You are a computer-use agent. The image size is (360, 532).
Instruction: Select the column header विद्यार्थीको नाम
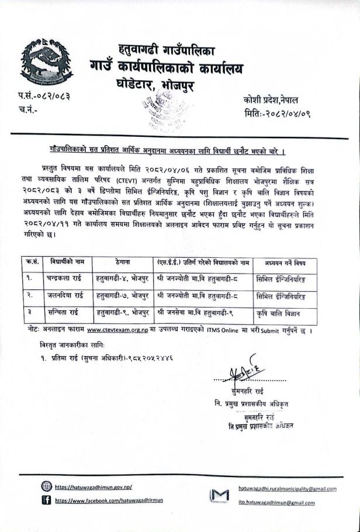[x=69, y=261]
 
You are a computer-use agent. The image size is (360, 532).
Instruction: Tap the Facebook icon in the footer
[x=46, y=500]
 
